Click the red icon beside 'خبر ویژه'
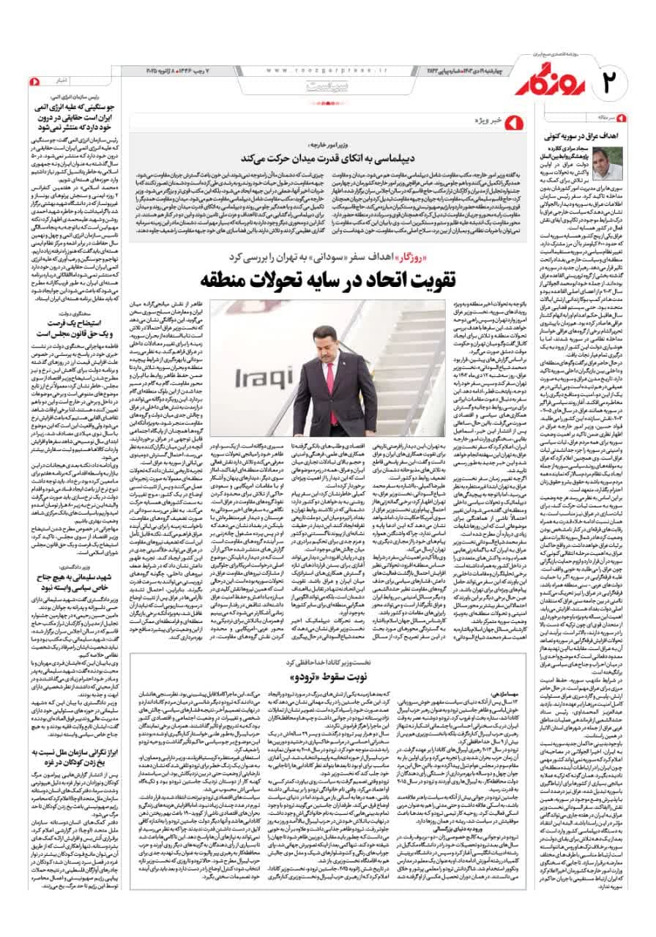[x=508, y=119]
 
